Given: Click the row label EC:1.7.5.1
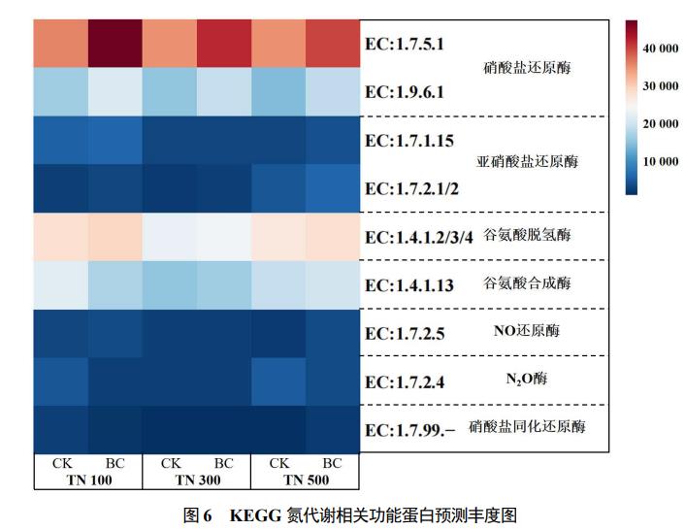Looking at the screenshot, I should point(403,45).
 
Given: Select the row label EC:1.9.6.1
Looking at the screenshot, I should point(403,92).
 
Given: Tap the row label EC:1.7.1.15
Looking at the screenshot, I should point(408,141).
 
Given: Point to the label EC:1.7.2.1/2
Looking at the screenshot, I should point(411,188).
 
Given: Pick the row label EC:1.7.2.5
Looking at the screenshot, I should point(403,333).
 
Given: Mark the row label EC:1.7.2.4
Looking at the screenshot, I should point(403,381).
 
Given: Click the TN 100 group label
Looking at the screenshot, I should point(88,480).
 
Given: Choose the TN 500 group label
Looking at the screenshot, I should point(306,480).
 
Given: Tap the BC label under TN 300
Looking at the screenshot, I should point(223,464).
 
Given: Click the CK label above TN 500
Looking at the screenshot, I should point(279,464).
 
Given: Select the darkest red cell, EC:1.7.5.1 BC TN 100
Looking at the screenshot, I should point(115,44).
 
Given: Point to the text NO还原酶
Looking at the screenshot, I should point(526,331).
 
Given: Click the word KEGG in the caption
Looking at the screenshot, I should point(254,514).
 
